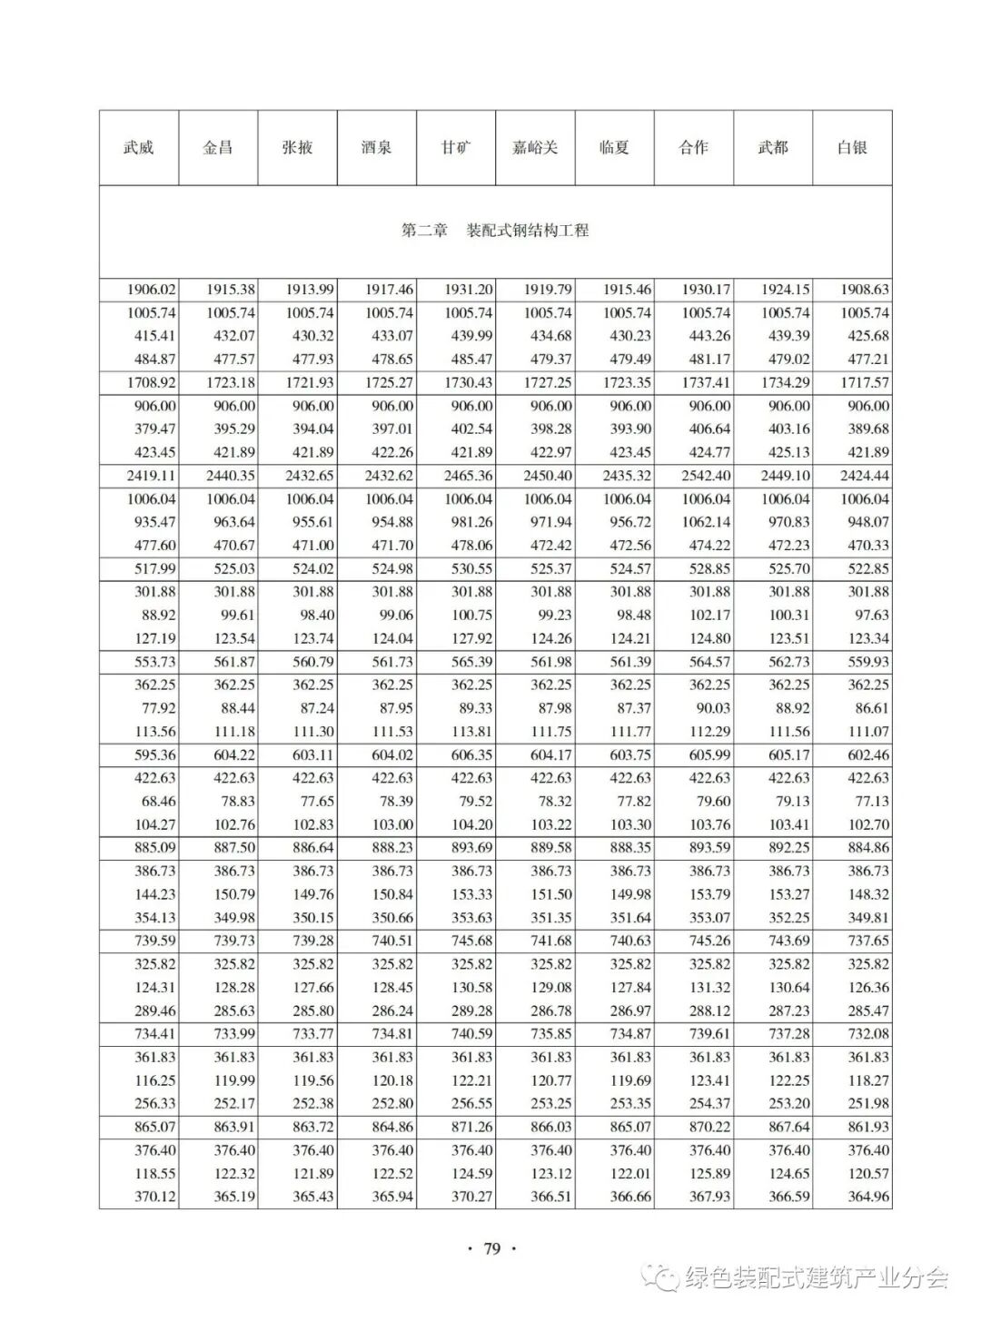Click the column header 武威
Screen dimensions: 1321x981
(139, 147)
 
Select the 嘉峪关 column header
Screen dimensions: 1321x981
(535, 147)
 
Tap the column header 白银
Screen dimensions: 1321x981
(852, 147)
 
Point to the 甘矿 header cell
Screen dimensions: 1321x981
(456, 147)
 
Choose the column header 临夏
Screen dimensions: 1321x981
(614, 147)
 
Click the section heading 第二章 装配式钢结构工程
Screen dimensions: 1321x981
(495, 231)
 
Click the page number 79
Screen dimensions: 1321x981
(491, 1247)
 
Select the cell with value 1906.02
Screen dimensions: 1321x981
(152, 290)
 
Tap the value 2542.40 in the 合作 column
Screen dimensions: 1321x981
(706, 476)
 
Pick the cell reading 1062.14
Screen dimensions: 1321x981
(706, 522)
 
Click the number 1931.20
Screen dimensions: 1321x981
(469, 290)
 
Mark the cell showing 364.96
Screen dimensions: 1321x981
(867, 1196)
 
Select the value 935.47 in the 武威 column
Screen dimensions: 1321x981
(155, 522)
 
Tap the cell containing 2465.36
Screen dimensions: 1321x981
(469, 476)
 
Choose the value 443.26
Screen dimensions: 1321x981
(708, 336)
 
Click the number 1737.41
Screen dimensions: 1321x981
(706, 382)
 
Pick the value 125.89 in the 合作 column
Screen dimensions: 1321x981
(708, 1173)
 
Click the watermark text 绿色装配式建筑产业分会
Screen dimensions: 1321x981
(816, 1278)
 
